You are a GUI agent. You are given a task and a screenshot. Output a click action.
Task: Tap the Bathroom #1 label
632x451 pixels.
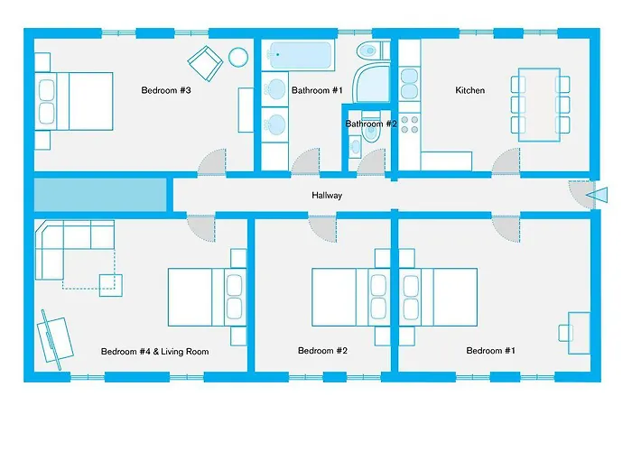click(315, 90)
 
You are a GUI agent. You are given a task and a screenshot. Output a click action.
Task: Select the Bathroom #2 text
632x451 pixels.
click(371, 124)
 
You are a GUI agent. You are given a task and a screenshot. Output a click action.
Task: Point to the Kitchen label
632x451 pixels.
click(469, 90)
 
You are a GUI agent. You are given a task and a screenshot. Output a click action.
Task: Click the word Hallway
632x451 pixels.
click(327, 195)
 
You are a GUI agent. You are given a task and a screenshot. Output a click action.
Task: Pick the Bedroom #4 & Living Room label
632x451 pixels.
click(155, 352)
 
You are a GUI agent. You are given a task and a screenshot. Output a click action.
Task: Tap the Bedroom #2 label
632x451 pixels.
click(323, 351)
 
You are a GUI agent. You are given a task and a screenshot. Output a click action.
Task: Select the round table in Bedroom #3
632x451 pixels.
click(238, 58)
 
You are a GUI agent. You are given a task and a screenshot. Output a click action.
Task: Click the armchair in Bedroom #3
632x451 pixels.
click(205, 62)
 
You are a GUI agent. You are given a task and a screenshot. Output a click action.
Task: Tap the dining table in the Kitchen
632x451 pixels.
click(540, 104)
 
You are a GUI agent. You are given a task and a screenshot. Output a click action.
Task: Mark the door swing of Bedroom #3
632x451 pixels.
click(209, 162)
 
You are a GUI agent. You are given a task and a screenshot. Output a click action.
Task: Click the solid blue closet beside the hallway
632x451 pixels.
click(100, 195)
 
